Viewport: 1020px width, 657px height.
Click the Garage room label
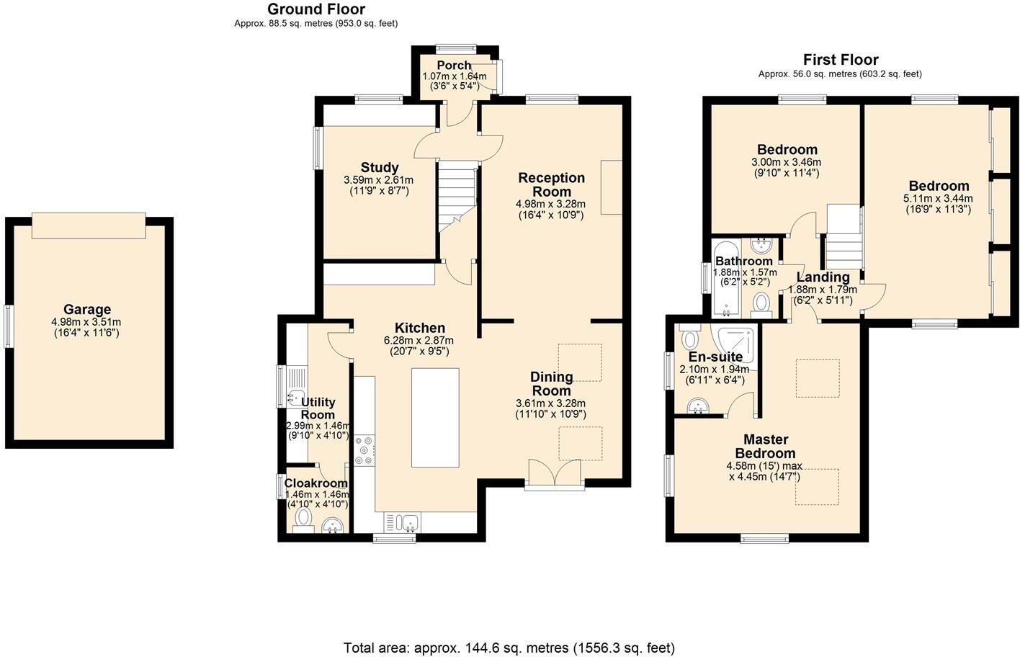pyautogui.click(x=87, y=310)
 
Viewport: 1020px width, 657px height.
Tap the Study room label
pyautogui.click(x=380, y=168)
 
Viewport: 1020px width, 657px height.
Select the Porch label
pyautogui.click(x=454, y=66)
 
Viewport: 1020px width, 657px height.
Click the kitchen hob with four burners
pyautogui.click(x=364, y=451)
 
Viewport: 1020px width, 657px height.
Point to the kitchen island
pyautogui.click(x=435, y=418)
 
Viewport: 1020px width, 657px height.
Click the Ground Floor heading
pyautogui.click(x=316, y=9)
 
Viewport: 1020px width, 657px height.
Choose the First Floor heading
pyautogui.click(x=841, y=60)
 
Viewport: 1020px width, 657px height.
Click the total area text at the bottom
pyautogui.click(x=509, y=648)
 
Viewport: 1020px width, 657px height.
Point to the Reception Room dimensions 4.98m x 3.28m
pyautogui.click(x=550, y=204)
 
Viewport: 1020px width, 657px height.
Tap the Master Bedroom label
pyautogui.click(x=766, y=446)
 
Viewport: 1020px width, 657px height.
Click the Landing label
pyautogui.click(x=823, y=277)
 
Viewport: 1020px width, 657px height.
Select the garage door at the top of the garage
pyautogui.click(x=89, y=225)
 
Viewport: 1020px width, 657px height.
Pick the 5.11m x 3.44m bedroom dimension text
pyautogui.click(x=938, y=199)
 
